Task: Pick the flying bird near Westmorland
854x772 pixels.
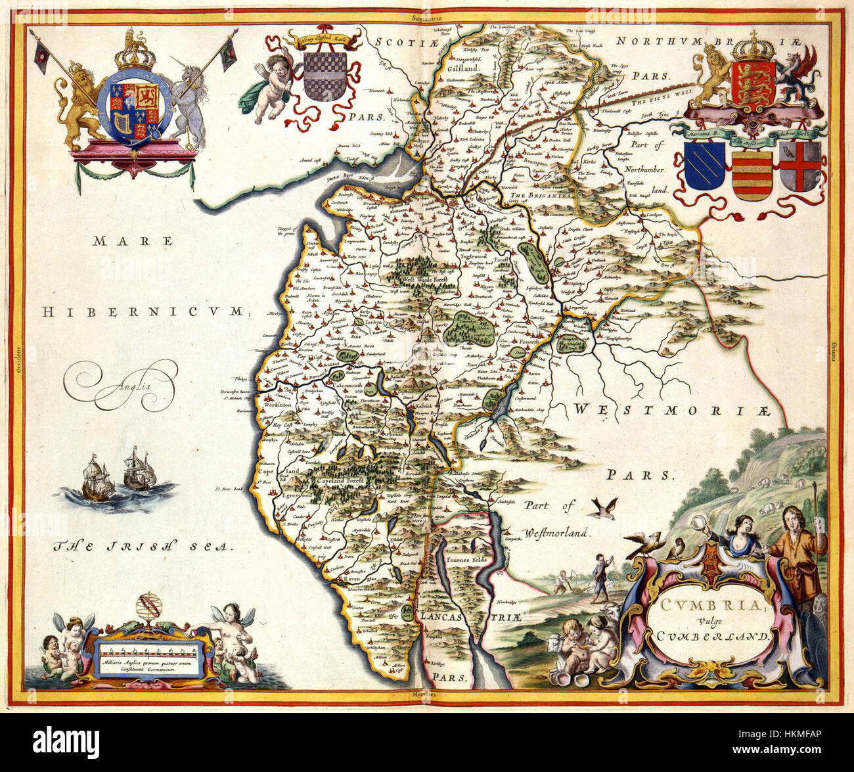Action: coord(604,507)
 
